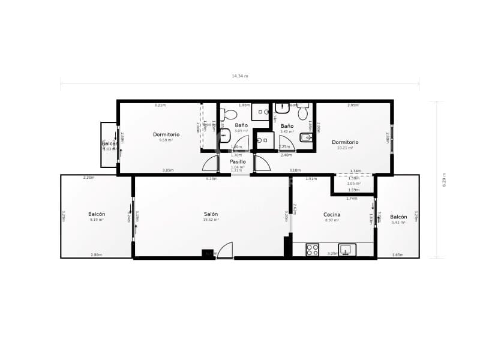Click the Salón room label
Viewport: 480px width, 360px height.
[x=211, y=214]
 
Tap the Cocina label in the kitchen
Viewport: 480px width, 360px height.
[x=332, y=214]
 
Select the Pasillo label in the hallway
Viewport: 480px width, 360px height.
[x=238, y=161]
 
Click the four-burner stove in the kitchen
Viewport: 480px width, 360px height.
[x=312, y=250]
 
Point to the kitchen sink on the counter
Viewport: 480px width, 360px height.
[x=347, y=250]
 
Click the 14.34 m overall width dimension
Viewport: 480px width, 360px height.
[x=240, y=76]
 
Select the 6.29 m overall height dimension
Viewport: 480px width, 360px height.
[x=445, y=180]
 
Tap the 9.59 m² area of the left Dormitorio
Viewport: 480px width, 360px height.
[x=166, y=140]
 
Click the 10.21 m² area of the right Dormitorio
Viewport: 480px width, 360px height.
[x=345, y=148]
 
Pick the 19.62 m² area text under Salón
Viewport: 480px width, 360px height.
[x=211, y=220]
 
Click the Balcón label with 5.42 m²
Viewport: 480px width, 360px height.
[x=398, y=217]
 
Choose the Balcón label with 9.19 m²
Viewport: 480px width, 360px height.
[x=97, y=214]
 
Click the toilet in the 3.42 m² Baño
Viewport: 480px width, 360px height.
[x=302, y=113]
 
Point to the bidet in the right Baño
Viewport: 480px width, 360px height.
[x=306, y=138]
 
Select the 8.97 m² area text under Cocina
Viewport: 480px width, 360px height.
[x=332, y=220]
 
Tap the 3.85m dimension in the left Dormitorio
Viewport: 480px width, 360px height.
[x=168, y=170]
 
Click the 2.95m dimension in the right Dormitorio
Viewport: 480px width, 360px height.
[x=353, y=105]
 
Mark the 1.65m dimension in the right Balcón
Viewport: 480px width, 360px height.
[x=397, y=255]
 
